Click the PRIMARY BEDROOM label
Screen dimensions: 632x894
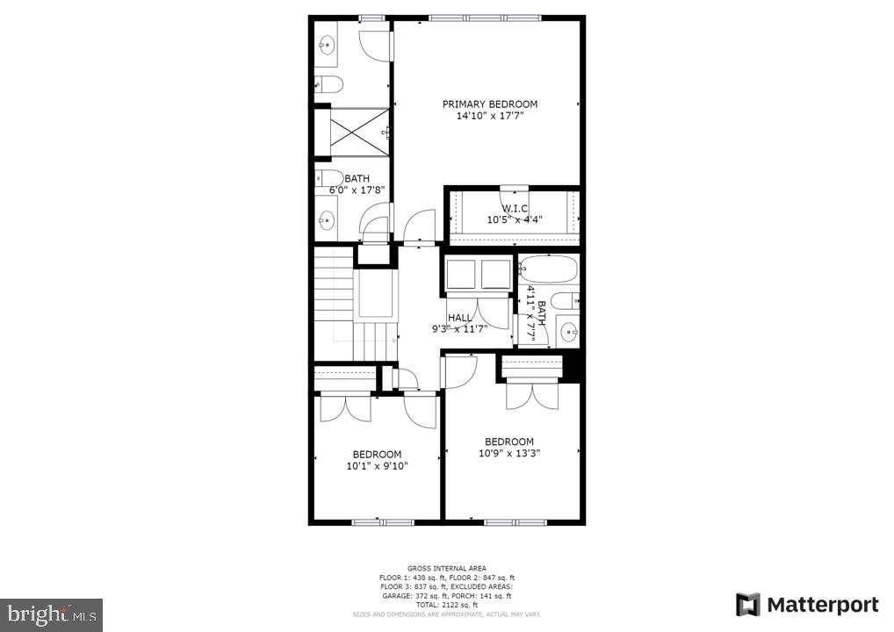(x=489, y=104)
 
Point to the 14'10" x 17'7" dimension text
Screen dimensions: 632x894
(x=489, y=116)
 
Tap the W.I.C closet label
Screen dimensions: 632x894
(x=515, y=208)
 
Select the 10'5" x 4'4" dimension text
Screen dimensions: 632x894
(x=515, y=219)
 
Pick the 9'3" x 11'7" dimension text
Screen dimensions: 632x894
(x=459, y=329)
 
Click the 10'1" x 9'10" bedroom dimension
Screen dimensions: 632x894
(x=377, y=466)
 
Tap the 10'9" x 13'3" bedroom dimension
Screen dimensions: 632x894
(x=509, y=454)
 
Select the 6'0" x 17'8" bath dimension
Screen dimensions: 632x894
(x=351, y=190)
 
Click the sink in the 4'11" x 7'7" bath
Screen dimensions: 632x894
(x=569, y=332)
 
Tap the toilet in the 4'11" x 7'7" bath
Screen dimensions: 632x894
(x=567, y=299)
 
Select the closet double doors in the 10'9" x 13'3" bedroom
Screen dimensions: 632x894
(x=531, y=395)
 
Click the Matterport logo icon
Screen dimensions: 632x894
(x=747, y=605)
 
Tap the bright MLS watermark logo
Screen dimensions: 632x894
(x=51, y=614)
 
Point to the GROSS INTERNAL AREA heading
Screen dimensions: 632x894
(x=446, y=568)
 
